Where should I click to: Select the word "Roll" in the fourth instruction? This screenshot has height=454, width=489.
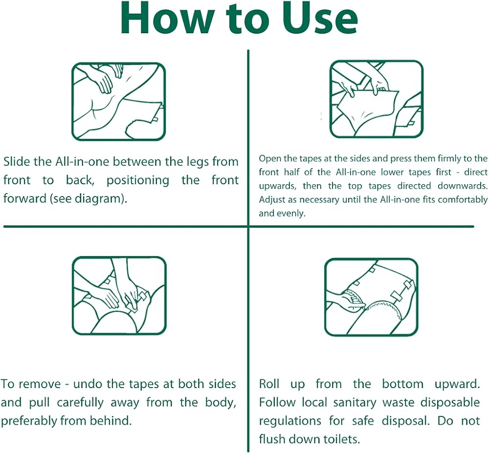[x=269, y=384]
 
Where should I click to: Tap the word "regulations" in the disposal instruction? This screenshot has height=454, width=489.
[x=290, y=421]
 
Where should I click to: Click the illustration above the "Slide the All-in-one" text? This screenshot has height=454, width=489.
[x=118, y=102]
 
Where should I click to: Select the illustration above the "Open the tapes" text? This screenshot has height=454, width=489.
[x=377, y=99]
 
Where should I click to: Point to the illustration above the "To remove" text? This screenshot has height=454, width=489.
[x=119, y=296]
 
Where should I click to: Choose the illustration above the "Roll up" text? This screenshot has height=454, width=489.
[x=371, y=297]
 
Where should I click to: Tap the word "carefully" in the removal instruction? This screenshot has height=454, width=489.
[x=80, y=403]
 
